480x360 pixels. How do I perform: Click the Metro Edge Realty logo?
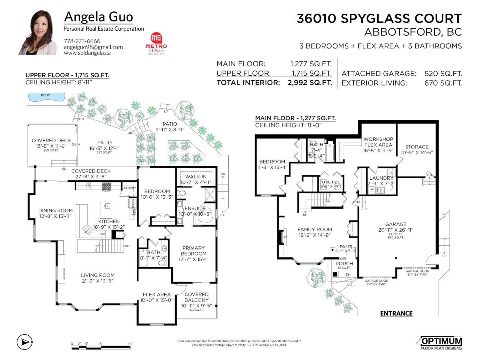point(156,44)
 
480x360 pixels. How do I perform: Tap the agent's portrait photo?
point(38,33)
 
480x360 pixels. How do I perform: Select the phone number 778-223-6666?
point(82,41)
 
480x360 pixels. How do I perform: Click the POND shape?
point(46,97)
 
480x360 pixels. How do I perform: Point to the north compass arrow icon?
point(24,342)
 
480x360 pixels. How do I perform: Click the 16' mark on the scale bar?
point(130,344)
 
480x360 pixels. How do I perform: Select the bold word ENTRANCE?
point(396,313)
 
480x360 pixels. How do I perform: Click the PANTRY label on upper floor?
point(130,188)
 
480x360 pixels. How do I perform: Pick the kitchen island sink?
point(106,206)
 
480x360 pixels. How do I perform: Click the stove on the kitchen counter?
point(106,186)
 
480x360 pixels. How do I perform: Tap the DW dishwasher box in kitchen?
point(102,234)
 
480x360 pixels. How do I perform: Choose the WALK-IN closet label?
point(196,177)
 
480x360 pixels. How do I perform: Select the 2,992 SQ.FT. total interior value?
point(310,83)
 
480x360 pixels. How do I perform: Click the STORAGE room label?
point(417,147)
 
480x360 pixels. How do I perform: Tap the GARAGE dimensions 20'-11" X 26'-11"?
point(396,230)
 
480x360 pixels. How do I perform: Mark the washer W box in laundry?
point(372,189)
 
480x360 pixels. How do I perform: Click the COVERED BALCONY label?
point(196,297)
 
